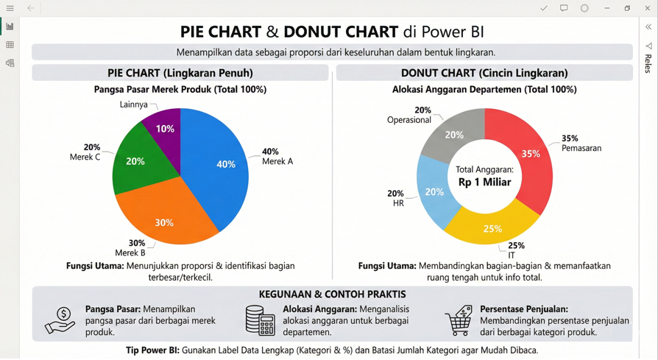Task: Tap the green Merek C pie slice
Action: coord(136,158)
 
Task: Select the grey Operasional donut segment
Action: coord(453,135)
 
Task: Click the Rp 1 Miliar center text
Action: coord(484,182)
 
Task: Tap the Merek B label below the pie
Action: coord(130,253)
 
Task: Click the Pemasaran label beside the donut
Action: coord(581,148)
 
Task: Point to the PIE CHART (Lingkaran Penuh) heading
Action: coord(180,73)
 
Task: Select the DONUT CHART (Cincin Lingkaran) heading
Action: coord(484,73)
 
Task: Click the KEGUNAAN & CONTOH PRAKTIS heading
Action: coord(332,294)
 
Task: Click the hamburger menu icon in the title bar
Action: coord(10,8)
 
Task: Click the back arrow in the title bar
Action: coord(31,8)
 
